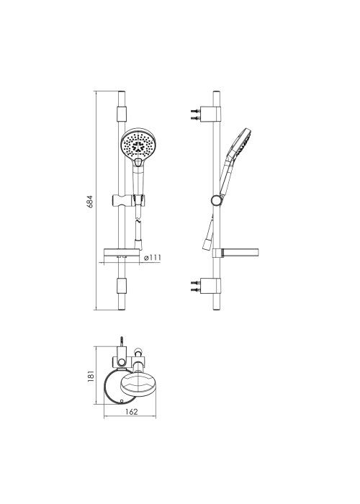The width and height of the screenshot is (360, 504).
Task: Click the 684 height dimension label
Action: click(x=90, y=201)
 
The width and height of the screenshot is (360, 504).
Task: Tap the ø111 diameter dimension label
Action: click(x=153, y=258)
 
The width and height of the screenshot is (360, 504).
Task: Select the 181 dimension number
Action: click(x=91, y=376)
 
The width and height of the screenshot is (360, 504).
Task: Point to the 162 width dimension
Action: click(x=132, y=412)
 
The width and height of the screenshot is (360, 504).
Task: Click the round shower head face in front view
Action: click(x=138, y=144)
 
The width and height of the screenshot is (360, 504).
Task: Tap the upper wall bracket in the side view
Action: click(x=210, y=114)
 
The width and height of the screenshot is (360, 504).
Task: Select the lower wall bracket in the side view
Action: click(x=210, y=286)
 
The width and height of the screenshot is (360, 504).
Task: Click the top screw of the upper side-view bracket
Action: click(x=195, y=111)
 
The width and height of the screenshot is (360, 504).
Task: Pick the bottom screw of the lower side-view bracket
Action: click(x=195, y=289)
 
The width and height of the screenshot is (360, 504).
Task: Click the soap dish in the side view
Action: click(x=240, y=253)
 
